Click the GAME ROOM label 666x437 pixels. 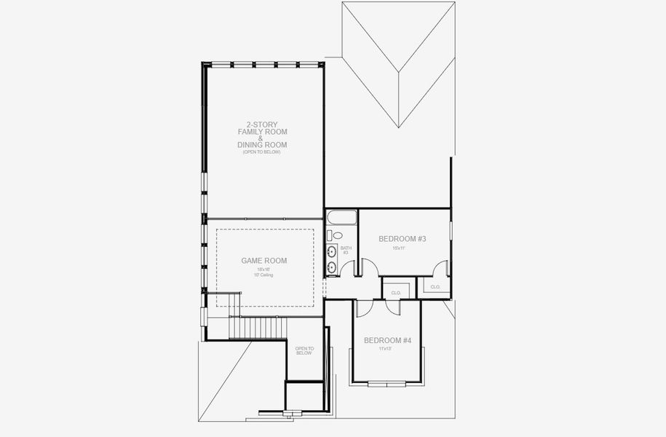tap(263, 260)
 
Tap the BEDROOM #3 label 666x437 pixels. tap(402, 239)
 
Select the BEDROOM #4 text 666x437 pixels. tap(387, 340)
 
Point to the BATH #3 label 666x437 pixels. tap(346, 250)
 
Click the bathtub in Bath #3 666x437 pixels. tap(341, 218)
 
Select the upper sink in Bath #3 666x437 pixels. tap(332, 252)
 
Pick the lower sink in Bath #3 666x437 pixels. tap(332, 267)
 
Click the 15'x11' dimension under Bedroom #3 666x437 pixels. tap(398, 248)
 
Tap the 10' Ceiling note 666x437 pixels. tap(262, 275)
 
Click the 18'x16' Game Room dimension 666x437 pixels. tap(262, 269)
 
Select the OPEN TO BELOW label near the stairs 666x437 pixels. tap(304, 351)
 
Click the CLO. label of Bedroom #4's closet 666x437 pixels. tap(396, 292)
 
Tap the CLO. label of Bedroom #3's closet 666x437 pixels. tap(435, 287)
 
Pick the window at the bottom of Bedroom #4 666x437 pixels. tap(386, 383)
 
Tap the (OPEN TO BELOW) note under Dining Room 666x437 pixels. tap(261, 151)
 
